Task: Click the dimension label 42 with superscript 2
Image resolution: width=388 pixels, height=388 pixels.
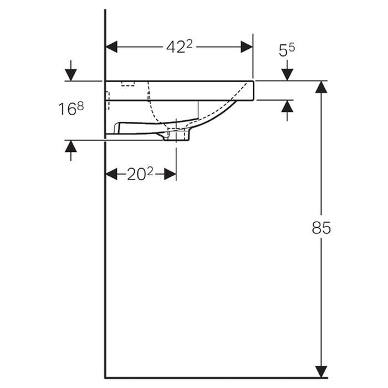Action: click(x=180, y=47)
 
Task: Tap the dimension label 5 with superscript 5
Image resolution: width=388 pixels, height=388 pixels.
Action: click(x=287, y=50)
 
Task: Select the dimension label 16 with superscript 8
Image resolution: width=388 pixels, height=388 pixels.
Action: click(x=71, y=109)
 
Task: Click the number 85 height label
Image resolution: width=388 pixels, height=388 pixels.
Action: click(x=321, y=228)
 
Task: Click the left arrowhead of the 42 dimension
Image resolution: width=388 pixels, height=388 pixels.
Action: click(x=111, y=47)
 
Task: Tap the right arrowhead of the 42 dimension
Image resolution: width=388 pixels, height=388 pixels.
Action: click(x=247, y=47)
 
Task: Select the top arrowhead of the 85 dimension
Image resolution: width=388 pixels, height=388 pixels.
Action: click(x=321, y=87)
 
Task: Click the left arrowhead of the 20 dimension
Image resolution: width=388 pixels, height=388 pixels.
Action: click(x=111, y=174)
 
